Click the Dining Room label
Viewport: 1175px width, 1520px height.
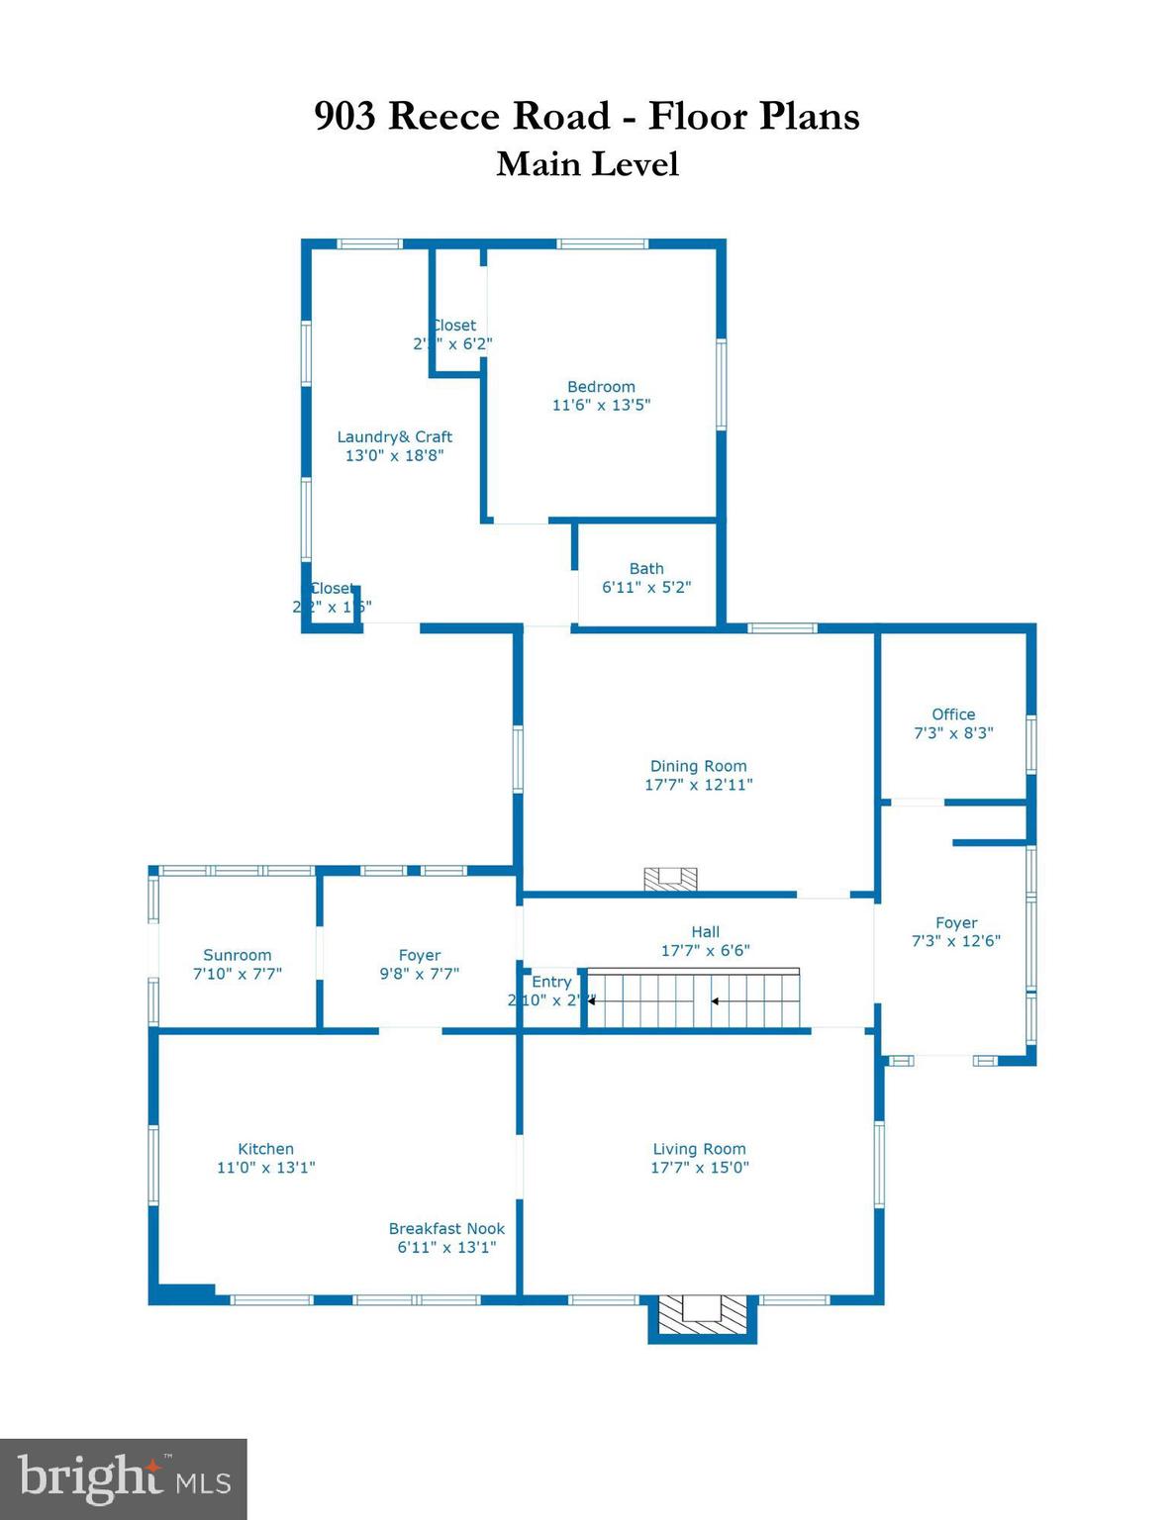click(698, 766)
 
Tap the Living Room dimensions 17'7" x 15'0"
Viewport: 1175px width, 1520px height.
click(699, 1168)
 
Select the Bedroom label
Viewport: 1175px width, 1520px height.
click(601, 387)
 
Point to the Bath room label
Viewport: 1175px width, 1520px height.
click(646, 569)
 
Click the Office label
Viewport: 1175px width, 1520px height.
click(953, 714)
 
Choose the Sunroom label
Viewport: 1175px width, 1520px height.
click(237, 955)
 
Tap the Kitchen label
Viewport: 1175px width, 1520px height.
click(265, 1149)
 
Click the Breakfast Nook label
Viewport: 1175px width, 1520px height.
click(446, 1229)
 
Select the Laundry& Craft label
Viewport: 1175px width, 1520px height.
click(394, 437)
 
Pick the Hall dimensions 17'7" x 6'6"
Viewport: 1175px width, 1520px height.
click(705, 951)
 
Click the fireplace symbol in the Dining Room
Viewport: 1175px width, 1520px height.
click(670, 879)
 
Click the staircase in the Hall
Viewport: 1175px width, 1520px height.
click(693, 1000)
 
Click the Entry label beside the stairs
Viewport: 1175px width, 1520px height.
click(551, 982)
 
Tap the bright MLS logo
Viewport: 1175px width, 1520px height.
click(123, 1479)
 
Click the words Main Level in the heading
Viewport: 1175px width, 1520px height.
click(587, 164)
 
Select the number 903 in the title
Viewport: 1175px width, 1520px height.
click(345, 117)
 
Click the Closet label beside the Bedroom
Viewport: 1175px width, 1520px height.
click(454, 326)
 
